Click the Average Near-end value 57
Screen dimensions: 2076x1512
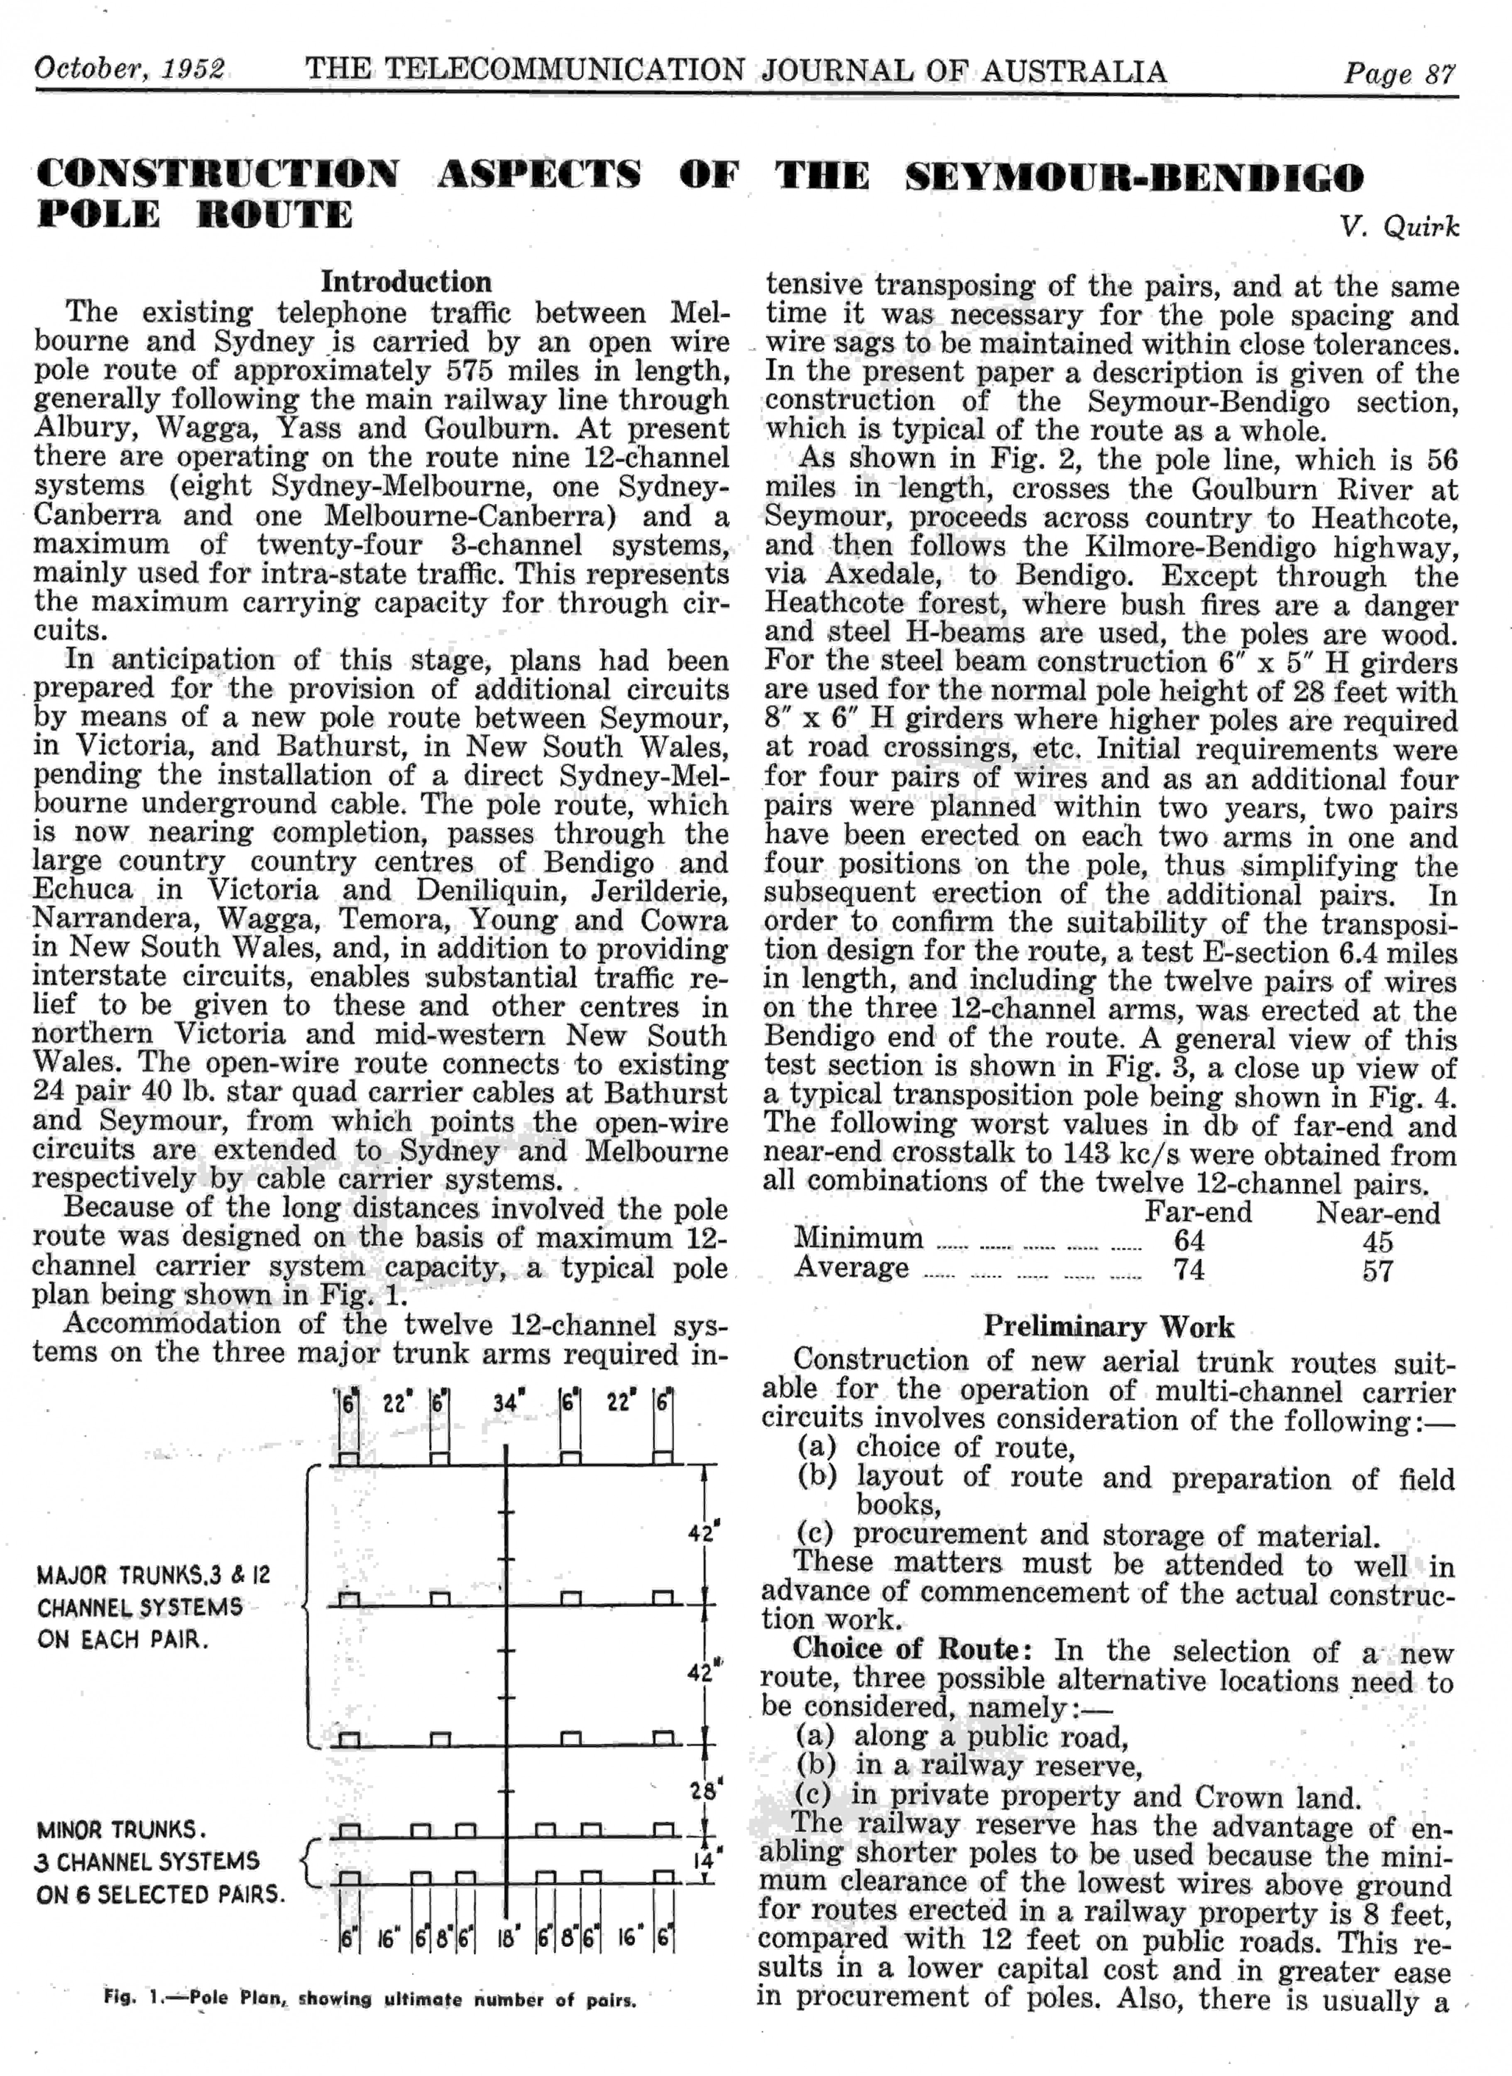coord(1377,1271)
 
